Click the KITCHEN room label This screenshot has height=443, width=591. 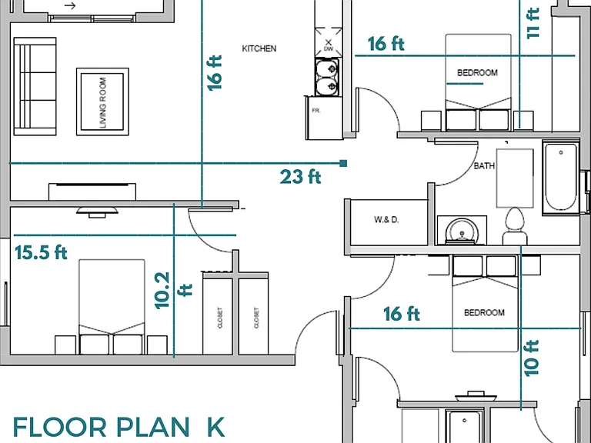(x=259, y=48)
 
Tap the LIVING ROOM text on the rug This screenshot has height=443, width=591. (x=103, y=102)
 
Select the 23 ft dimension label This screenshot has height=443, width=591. (x=300, y=177)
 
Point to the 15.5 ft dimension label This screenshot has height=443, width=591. (x=41, y=252)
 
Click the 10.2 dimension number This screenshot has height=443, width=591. (x=162, y=291)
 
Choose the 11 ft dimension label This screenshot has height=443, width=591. (x=533, y=23)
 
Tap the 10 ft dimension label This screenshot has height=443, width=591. (x=532, y=358)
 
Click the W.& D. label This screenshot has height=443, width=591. (x=386, y=220)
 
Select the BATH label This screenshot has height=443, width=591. (x=484, y=166)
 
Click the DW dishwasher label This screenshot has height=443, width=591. (x=329, y=49)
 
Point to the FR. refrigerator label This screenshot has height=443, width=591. (x=316, y=111)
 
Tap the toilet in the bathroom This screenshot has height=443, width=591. (x=515, y=226)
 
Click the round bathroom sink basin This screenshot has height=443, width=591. (x=462, y=231)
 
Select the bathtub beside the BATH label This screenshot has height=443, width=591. (x=561, y=177)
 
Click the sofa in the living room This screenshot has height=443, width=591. (x=35, y=86)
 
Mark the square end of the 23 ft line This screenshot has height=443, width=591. (x=343, y=163)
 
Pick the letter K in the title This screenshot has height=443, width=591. (x=216, y=427)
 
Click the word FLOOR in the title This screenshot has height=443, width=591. (x=59, y=427)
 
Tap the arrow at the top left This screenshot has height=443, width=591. (x=70, y=5)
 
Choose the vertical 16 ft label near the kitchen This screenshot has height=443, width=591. (x=215, y=73)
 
